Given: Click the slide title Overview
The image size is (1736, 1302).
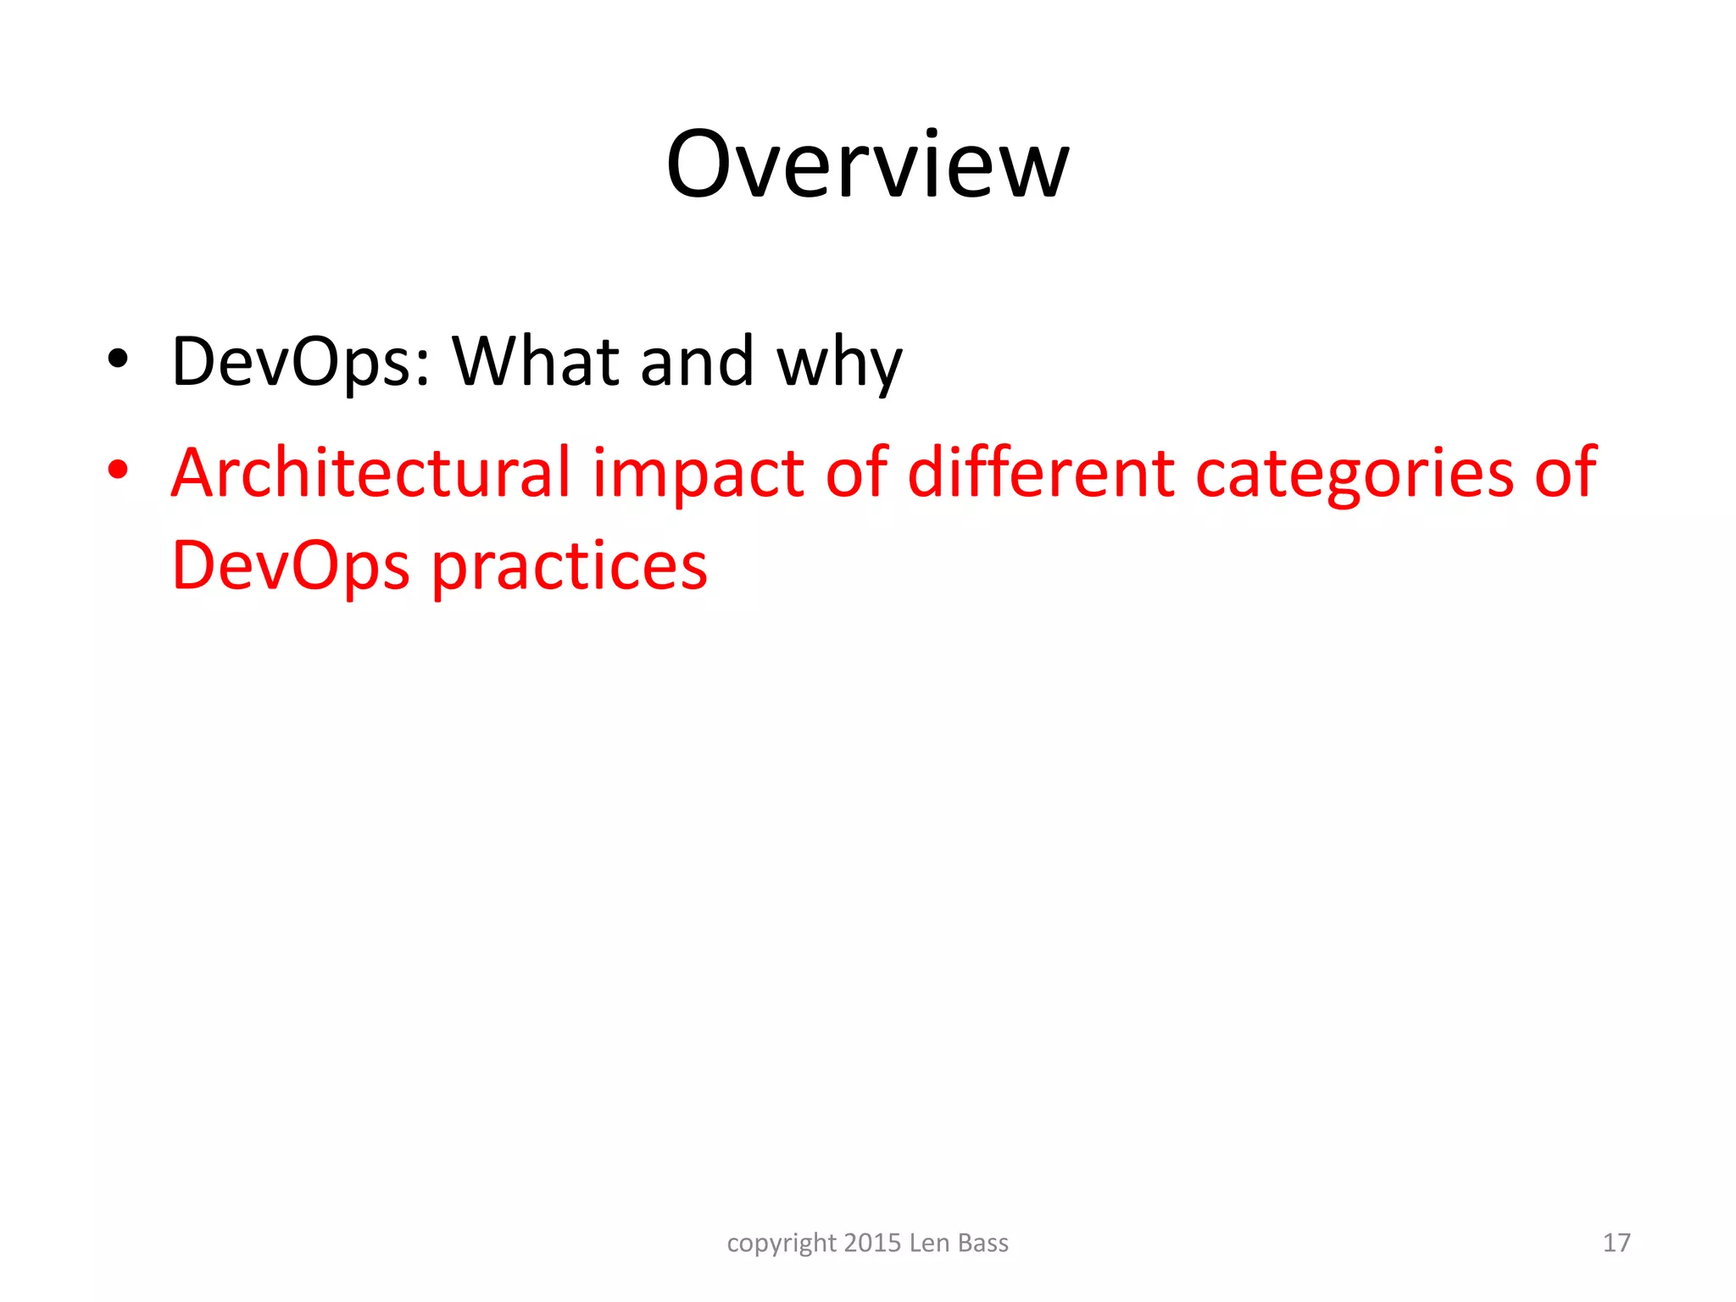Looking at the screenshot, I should pyautogui.click(x=867, y=164).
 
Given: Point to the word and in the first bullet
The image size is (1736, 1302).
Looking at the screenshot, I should pyautogui.click(x=697, y=361).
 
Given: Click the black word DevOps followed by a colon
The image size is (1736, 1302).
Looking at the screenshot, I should pyautogui.click(x=301, y=363).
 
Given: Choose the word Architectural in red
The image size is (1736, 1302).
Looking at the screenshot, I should pyautogui.click(x=370, y=472).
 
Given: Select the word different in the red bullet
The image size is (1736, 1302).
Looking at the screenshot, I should pyautogui.click(x=1041, y=472).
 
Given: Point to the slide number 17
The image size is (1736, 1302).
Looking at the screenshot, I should pyautogui.click(x=1616, y=1243).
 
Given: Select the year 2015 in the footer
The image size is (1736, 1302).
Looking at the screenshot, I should pyautogui.click(x=872, y=1243).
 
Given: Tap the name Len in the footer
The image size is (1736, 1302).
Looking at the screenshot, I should pyautogui.click(x=929, y=1243).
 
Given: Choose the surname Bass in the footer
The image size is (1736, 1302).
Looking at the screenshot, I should pyautogui.click(x=983, y=1243).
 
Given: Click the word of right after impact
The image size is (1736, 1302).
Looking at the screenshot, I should pyautogui.click(x=856, y=472).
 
